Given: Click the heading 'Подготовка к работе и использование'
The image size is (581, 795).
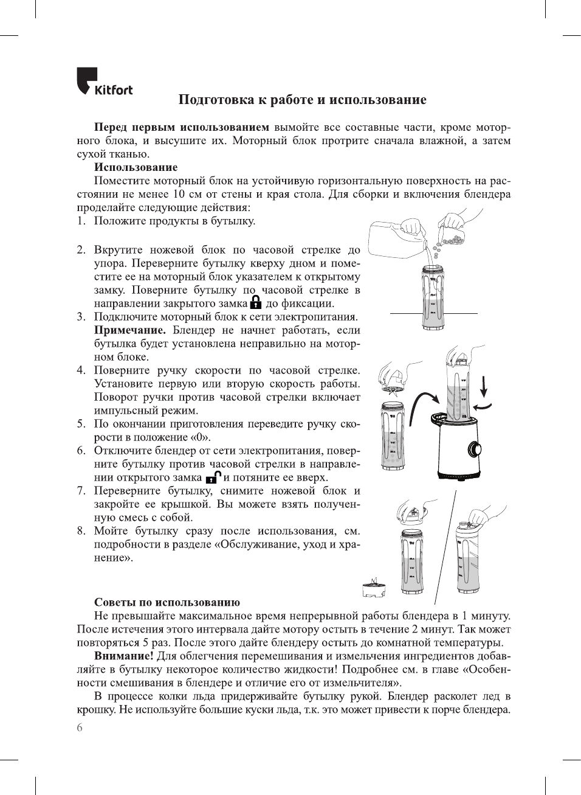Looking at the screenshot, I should pyautogui.click(x=302, y=100).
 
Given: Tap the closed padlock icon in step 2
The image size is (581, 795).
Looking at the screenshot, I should pyautogui.click(x=255, y=302).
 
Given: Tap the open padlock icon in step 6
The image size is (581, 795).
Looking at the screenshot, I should pyautogui.click(x=213, y=477).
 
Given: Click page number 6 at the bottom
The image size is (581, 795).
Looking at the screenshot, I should pyautogui.click(x=80, y=727).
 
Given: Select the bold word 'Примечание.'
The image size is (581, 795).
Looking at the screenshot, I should pyautogui.click(x=129, y=330).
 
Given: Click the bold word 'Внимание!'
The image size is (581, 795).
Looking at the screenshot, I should pyautogui.click(x=123, y=656).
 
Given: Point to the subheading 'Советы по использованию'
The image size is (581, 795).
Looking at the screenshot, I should pyautogui.click(x=167, y=602).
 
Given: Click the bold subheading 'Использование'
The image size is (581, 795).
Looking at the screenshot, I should pyautogui.click(x=136, y=167).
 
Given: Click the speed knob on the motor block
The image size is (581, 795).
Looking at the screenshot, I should pyautogui.click(x=474, y=450).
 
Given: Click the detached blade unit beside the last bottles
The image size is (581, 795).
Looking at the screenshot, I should pyautogui.click(x=374, y=588).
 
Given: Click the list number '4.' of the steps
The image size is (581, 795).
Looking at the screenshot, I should pyautogui.click(x=81, y=370).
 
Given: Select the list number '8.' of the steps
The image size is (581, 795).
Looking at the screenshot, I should pyautogui.click(x=81, y=531).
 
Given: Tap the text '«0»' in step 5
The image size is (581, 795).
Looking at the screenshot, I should pyautogui.click(x=201, y=437).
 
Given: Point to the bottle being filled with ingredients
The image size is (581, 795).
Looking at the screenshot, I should pyautogui.click(x=433, y=298).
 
